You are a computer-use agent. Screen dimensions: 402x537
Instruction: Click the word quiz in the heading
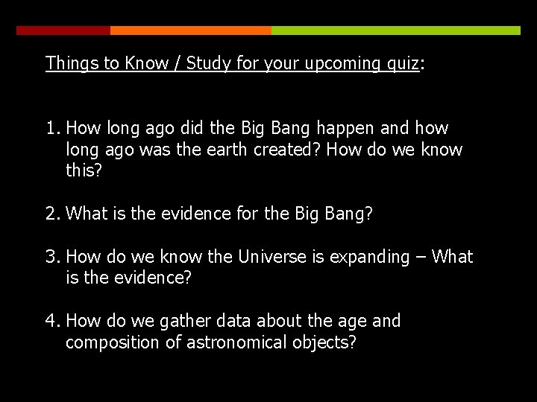coord(403,63)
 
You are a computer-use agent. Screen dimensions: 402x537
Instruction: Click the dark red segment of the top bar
coord(63,31)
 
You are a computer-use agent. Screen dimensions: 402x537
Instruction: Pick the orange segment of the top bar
coord(190,31)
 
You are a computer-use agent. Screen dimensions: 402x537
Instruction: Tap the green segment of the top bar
coord(395,31)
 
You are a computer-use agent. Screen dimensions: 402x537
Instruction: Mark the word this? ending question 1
coord(84,171)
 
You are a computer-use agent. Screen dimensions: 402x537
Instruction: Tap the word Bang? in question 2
coord(348,214)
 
